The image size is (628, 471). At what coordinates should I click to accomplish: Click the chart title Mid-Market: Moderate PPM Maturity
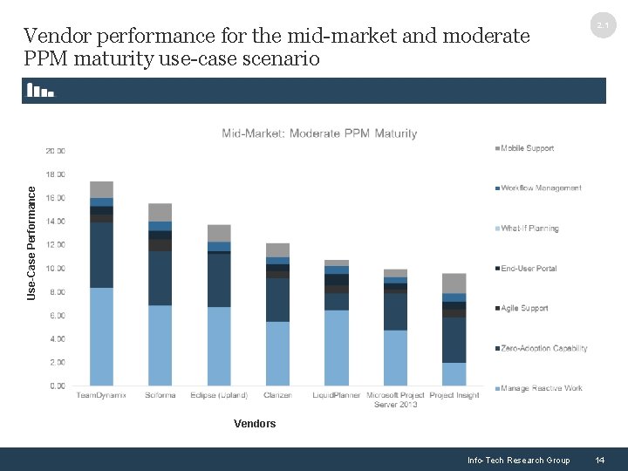319,133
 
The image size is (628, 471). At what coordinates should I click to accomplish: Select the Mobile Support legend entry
527,148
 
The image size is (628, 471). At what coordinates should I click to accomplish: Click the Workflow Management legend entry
540,188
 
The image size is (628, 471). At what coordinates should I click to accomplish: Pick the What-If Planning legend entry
529,229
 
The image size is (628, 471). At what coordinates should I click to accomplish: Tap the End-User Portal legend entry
529,269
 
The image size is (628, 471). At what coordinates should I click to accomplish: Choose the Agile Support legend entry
524,308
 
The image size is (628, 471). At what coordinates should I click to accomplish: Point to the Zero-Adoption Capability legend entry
543,348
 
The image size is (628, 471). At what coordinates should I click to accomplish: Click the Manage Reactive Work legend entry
541,388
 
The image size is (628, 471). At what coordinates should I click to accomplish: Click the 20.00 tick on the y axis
56,151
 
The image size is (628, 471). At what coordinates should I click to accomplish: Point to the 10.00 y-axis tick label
56,269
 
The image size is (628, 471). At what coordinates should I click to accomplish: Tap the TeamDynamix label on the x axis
101,395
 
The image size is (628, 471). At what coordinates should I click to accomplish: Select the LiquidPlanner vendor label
337,395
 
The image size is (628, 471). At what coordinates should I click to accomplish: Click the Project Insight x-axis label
454,395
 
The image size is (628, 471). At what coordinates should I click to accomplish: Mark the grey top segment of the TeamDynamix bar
101,189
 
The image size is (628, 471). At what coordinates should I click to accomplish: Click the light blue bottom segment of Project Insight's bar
454,374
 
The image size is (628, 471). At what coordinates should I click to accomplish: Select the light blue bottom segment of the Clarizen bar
277,353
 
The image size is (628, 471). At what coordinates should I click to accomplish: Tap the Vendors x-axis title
255,424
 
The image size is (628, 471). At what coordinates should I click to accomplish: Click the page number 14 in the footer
599,460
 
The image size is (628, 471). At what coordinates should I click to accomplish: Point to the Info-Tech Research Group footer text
518,460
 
